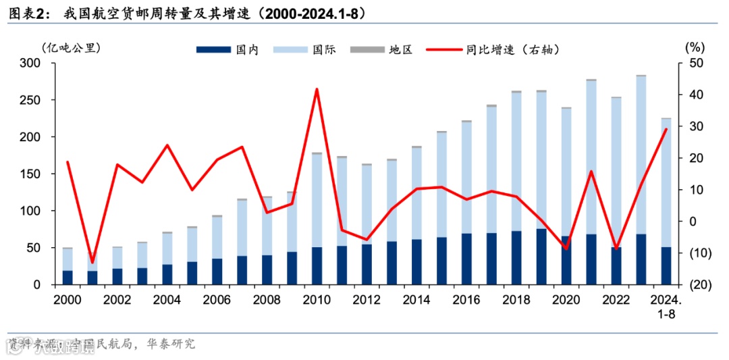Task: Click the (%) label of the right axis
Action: [x=694, y=48]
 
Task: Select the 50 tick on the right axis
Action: [x=696, y=63]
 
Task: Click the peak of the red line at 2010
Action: [x=317, y=89]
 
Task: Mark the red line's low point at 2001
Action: [x=92, y=262]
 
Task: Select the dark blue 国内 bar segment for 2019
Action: [x=541, y=257]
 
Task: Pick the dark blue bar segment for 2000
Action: [x=67, y=278]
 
